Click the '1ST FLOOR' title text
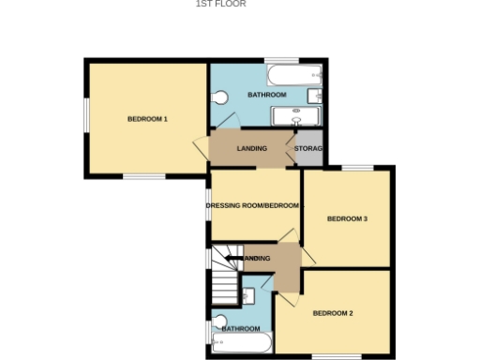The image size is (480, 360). [220, 4]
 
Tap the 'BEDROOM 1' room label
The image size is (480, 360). [147, 119]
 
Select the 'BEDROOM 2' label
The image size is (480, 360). [333, 312]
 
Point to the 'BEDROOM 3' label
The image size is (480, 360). [346, 219]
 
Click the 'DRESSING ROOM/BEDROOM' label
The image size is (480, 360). [253, 205]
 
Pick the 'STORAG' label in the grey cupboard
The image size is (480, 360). [308, 149]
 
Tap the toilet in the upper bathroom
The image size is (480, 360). [220, 97]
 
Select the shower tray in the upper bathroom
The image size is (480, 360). [296, 116]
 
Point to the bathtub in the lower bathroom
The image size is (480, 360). [242, 343]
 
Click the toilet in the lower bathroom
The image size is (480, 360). [219, 324]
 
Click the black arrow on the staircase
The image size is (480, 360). [231, 257]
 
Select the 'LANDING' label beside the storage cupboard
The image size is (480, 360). [252, 149]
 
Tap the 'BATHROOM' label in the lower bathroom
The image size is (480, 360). [241, 329]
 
